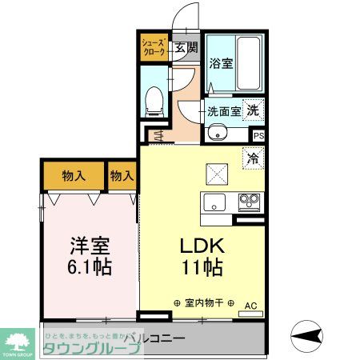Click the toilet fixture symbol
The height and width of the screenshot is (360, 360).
(x=157, y=100)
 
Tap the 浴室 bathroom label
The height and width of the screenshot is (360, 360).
(x=222, y=63)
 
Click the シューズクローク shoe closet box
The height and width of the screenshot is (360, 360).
(x=154, y=46)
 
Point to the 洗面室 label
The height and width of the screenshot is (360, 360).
(x=224, y=112)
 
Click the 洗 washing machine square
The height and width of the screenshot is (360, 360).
(x=253, y=110)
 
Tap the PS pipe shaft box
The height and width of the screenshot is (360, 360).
(x=258, y=135)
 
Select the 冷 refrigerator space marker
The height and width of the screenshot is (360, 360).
(x=253, y=158)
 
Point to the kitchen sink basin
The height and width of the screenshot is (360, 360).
(x=214, y=201)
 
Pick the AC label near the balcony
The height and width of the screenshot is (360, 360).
(x=249, y=304)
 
